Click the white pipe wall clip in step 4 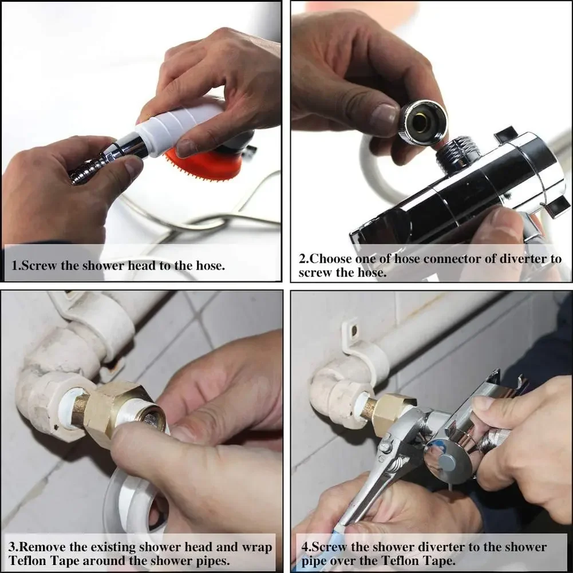[x=355, y=343]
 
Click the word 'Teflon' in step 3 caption [x=29, y=561]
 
